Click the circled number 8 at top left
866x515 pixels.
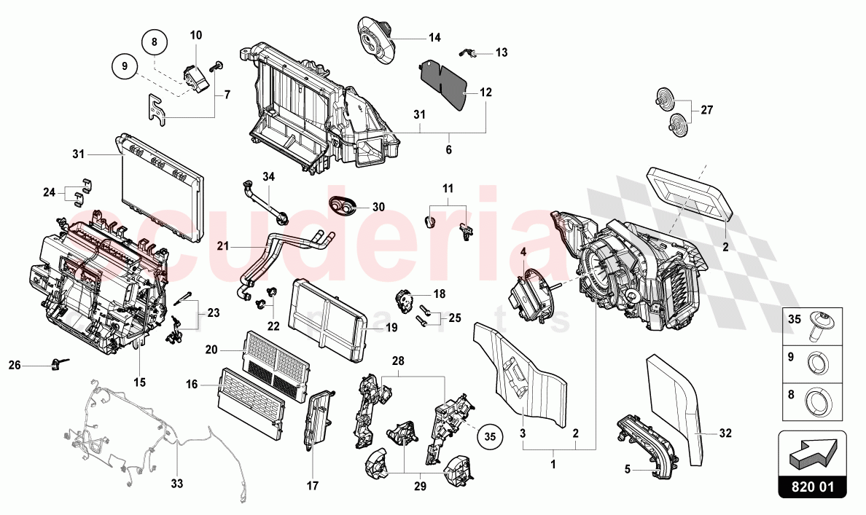coord(155,43)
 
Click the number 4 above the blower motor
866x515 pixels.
coord(523,252)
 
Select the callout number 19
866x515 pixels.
coord(391,329)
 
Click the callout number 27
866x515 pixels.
coord(707,111)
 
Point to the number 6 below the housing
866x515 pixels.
coord(448,149)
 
